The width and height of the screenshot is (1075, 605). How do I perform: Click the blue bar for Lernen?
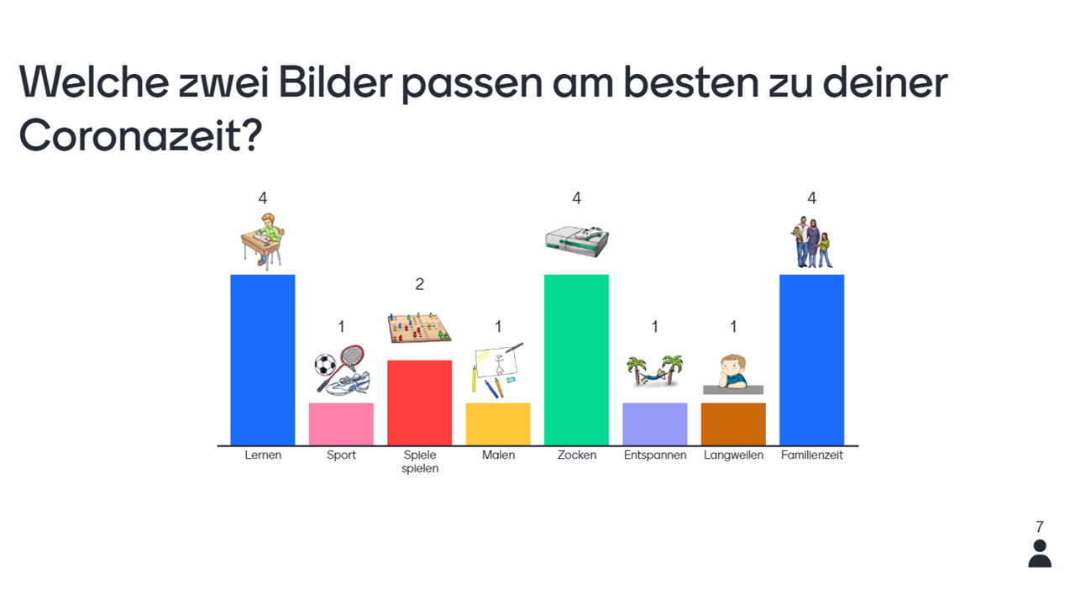coord(263,360)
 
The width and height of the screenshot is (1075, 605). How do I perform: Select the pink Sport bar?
coord(341,423)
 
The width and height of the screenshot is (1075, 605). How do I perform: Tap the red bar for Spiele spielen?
coord(419,402)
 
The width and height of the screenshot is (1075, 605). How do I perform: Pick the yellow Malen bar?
coord(498,423)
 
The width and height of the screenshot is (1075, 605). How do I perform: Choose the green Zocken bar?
coord(576,360)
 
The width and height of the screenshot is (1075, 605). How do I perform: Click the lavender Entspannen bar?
coord(654,423)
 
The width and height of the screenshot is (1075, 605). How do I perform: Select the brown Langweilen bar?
coord(733,423)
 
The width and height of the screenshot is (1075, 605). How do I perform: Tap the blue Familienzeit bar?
coord(811,360)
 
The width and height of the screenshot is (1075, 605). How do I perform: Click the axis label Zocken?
coord(576,455)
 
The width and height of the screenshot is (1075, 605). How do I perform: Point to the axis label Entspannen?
coord(655,455)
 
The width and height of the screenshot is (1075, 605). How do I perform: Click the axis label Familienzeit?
coord(811,455)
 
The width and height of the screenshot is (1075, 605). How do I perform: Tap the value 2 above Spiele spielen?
coord(420,284)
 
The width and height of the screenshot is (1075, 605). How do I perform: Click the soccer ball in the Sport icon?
coord(324,365)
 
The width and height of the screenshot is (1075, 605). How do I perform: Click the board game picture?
coord(418,327)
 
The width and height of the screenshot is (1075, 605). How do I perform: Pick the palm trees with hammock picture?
coord(655,370)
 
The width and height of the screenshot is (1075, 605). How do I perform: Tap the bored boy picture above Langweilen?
coord(733,372)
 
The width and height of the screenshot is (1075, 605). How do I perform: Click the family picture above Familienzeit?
coord(811,242)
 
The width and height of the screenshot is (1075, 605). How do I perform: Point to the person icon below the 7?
coord(1040,554)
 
